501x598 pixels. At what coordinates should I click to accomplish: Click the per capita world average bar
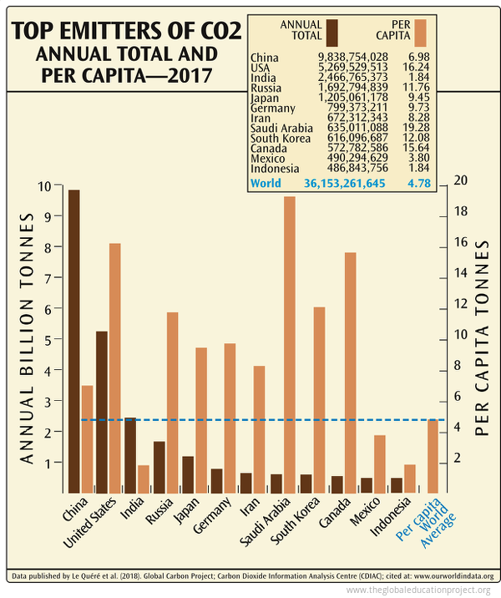[433, 455]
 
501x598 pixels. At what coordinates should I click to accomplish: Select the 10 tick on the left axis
[56, 186]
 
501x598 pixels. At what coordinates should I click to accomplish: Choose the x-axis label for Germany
[215, 519]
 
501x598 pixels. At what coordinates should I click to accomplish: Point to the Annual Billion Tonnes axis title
[27, 338]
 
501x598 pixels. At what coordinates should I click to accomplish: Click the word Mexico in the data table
[267, 158]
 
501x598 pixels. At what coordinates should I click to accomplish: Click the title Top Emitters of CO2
[125, 33]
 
